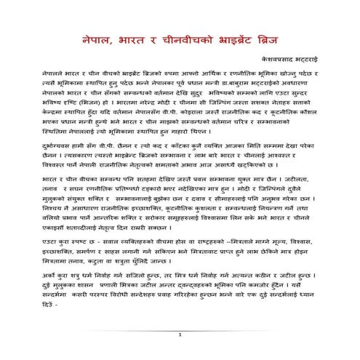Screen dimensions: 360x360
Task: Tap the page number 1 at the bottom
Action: tap(179, 354)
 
